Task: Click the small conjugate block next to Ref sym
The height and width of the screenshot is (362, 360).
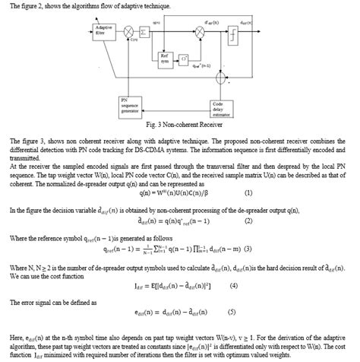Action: pos(184,57)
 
